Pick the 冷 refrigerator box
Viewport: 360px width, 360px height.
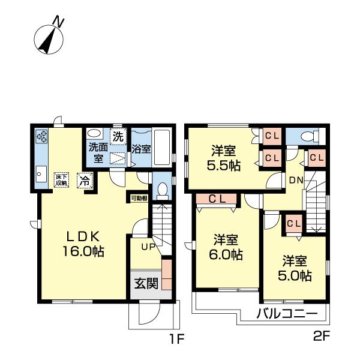(85, 178)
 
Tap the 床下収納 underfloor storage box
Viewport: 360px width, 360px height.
(62, 179)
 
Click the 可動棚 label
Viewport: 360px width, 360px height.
(139, 197)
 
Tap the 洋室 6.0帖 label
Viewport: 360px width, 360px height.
(227, 247)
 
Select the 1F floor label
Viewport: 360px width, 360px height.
(175, 339)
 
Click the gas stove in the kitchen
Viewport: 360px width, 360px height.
(43, 137)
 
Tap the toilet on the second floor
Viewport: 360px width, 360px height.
(308, 135)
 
